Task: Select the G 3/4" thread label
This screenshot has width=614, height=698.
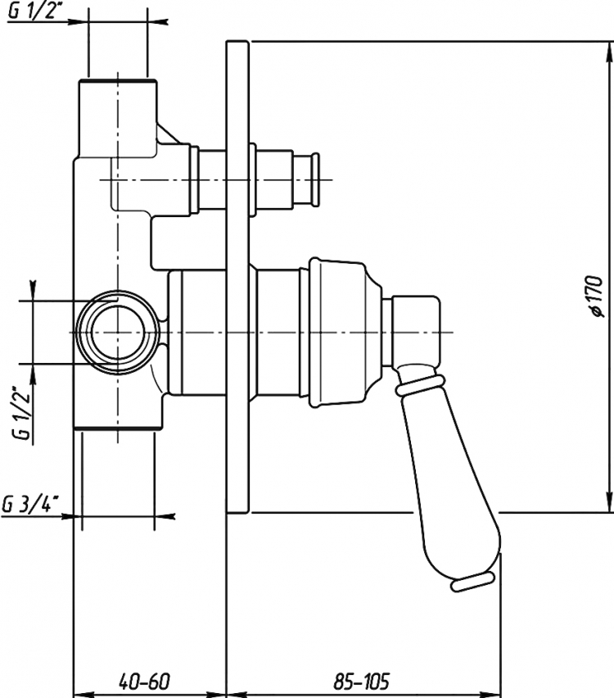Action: [x=31, y=505]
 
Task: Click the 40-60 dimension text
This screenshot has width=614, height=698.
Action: [x=145, y=681]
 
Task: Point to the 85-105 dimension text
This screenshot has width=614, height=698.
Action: [x=362, y=681]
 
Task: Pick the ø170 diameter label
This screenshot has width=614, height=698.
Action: [x=595, y=296]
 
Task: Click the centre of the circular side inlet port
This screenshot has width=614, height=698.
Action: [x=117, y=332]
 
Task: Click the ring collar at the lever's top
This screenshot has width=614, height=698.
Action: [x=419, y=384]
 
